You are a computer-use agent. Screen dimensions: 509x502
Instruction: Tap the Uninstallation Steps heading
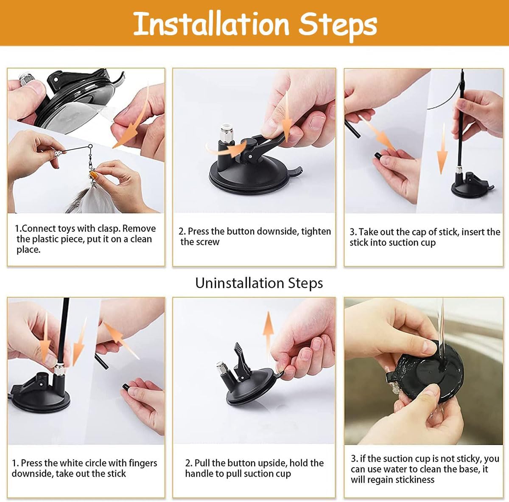(x=259, y=283)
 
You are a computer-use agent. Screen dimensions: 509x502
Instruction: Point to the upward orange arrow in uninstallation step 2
(x=268, y=336)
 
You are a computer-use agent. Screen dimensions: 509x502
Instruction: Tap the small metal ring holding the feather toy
(x=91, y=147)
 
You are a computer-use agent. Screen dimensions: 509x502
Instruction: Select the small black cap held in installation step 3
(x=378, y=156)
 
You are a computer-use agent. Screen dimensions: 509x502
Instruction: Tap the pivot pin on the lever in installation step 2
(x=250, y=157)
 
